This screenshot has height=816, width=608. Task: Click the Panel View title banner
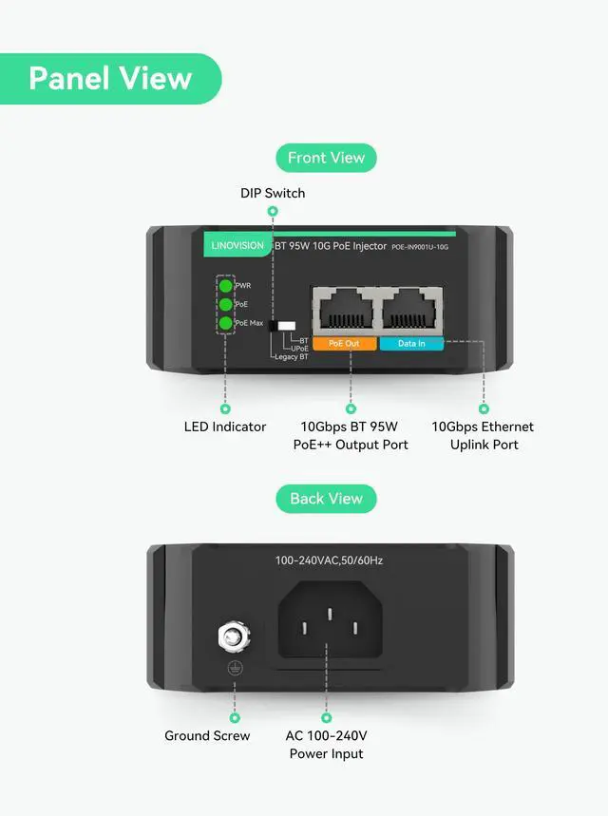109,78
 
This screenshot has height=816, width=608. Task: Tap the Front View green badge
326,158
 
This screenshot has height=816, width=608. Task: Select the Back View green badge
326,499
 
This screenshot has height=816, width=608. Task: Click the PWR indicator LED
226,285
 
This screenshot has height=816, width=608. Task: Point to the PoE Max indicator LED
226,324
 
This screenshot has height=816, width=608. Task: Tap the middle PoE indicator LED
226,304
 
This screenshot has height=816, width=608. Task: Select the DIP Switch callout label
272,193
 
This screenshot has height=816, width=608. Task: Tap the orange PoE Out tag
344,344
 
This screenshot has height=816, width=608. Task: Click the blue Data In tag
411,344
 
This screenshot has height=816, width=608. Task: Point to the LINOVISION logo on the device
237,246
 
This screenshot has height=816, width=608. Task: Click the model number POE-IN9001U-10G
419,247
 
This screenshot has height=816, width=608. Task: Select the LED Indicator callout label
225,427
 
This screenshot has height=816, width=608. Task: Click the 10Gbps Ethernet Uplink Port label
483,435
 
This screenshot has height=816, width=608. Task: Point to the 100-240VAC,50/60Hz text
329,560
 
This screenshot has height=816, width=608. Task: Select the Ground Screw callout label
207,735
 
